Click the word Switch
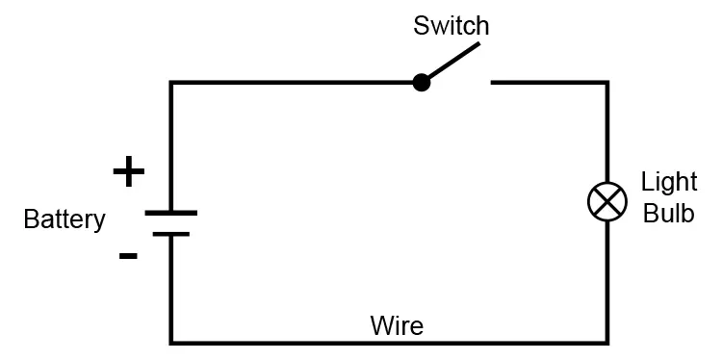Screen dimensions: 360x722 pyautogui.click(x=451, y=26)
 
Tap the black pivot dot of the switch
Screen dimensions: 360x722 pyautogui.click(x=421, y=83)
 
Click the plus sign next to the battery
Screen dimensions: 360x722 pyautogui.click(x=128, y=172)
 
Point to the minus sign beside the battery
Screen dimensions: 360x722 pyautogui.click(x=128, y=255)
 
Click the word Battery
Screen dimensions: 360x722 pyautogui.click(x=64, y=219)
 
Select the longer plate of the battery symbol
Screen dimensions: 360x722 pyautogui.click(x=171, y=213)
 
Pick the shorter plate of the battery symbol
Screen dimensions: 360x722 pyautogui.click(x=171, y=233)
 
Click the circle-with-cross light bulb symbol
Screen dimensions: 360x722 pyautogui.click(x=606, y=201)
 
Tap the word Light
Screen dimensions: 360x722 pyautogui.click(x=668, y=181)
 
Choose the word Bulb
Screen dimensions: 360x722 pyautogui.click(x=668, y=213)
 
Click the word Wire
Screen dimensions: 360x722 pyautogui.click(x=397, y=325)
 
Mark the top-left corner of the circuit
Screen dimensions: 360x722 pyautogui.click(x=171, y=83)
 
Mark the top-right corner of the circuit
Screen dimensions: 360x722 pyautogui.click(x=606, y=83)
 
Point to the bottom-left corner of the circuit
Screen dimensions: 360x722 pyautogui.click(x=171, y=342)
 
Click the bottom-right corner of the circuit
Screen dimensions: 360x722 pyautogui.click(x=606, y=342)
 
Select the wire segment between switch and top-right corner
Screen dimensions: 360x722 pyautogui.click(x=549, y=83)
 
